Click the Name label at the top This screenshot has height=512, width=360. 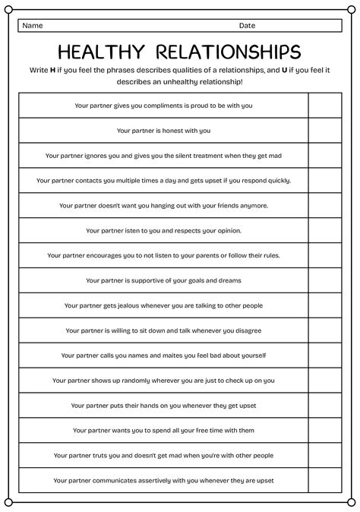tap(33, 25)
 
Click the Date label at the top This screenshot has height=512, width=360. tap(247, 25)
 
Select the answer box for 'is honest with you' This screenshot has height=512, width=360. tap(325, 131)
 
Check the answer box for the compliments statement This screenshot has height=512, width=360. tap(325, 106)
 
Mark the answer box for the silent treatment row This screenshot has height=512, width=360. tap(325, 156)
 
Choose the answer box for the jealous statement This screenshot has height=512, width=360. tap(325, 305)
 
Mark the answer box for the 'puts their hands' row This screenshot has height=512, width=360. tap(325, 406)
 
